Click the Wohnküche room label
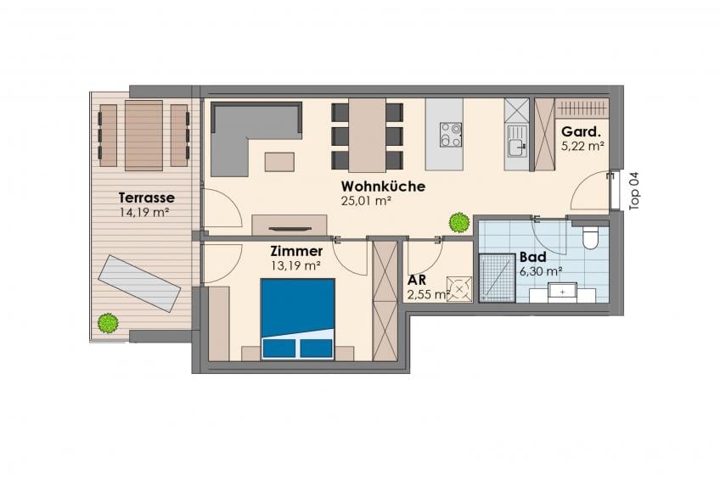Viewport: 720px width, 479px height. pos(383,187)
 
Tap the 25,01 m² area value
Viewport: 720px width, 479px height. pos(366,200)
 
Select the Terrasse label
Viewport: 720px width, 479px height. pos(147,198)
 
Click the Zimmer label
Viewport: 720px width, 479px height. pos(296,251)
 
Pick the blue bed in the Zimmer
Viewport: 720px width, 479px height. pos(297,318)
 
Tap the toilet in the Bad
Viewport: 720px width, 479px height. pos(590,237)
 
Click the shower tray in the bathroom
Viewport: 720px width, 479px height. pos(497,278)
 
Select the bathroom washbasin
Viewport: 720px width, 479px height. pos(562,292)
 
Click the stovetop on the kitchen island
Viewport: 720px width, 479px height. pos(451,134)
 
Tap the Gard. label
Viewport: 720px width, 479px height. pos(581,132)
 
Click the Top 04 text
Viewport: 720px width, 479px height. pos(634,191)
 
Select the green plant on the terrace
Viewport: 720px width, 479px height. pos(109,323)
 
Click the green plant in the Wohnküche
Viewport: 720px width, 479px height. pos(459,223)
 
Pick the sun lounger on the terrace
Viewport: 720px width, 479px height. pos(139,284)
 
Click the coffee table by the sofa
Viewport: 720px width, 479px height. pos(279,162)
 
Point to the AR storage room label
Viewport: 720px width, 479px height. pos(417,280)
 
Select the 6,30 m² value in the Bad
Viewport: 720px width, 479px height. pos(541,271)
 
